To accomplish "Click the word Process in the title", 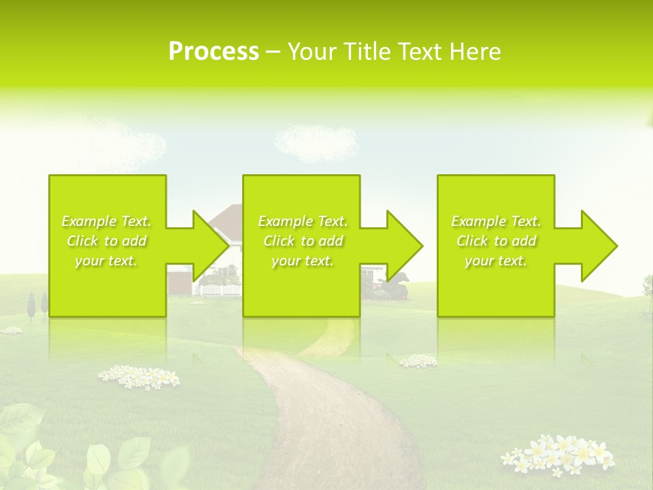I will [214, 52].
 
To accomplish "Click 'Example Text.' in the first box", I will [106, 221].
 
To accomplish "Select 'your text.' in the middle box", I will [302, 261].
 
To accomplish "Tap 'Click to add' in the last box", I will [497, 241].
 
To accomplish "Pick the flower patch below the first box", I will [138, 376].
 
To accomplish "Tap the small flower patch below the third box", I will [418, 361].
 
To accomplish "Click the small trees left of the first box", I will [37, 304].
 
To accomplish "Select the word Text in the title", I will [420, 52].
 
